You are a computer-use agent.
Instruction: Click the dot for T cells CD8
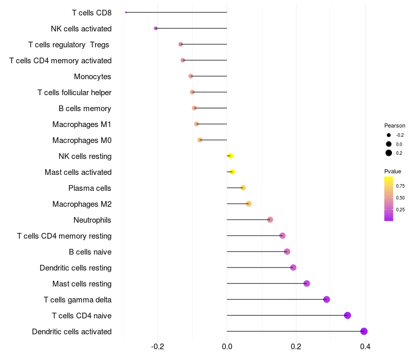(126, 12)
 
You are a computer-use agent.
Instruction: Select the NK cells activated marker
(156, 28)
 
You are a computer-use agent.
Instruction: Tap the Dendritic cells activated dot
(364, 331)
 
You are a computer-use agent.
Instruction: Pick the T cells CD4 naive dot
(348, 315)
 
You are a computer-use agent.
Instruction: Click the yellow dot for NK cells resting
(230, 156)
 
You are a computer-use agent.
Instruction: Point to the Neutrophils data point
(270, 220)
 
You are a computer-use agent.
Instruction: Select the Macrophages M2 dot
(249, 204)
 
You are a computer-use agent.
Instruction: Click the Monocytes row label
(92, 77)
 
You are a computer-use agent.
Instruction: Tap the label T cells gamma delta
(78, 300)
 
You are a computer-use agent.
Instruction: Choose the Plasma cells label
(90, 188)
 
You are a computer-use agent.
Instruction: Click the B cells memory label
(85, 109)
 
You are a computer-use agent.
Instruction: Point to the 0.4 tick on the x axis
(365, 347)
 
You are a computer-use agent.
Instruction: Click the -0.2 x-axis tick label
(158, 347)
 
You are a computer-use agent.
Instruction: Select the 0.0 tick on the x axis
(227, 347)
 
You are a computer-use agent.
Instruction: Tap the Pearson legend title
(395, 125)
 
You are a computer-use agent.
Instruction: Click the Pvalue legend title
(393, 171)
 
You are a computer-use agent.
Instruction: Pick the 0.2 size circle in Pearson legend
(389, 153)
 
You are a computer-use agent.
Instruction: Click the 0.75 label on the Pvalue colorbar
(400, 186)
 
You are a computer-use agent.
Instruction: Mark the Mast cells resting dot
(307, 283)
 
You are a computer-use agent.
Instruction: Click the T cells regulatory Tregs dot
(181, 44)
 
